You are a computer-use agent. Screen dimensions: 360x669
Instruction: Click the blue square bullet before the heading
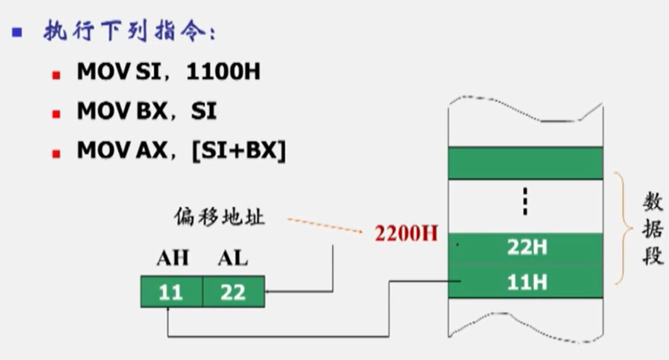click(17, 32)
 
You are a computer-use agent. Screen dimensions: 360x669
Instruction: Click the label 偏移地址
click(219, 218)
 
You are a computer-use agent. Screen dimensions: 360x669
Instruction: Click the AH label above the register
click(172, 258)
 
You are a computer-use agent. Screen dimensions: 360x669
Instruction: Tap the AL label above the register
click(233, 258)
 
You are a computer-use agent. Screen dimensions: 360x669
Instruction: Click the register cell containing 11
click(171, 291)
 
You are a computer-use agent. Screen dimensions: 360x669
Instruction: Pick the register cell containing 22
click(233, 291)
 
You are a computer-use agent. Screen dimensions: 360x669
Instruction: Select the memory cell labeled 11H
click(526, 283)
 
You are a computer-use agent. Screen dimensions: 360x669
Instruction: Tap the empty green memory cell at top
click(525, 162)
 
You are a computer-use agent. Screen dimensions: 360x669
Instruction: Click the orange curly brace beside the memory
click(620, 229)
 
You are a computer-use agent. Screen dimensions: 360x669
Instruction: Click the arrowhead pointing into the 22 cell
click(269, 291)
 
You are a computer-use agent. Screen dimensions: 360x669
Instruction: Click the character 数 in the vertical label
click(651, 203)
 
